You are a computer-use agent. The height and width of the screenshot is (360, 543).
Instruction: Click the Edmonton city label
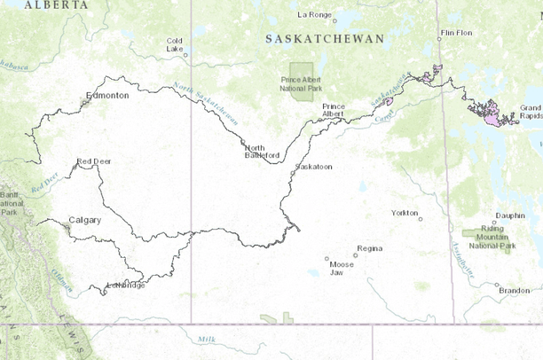107,95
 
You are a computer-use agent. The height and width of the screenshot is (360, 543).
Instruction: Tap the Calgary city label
84,220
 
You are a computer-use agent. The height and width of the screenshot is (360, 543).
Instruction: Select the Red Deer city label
93,161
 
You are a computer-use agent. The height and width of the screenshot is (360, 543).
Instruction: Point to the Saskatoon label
313,167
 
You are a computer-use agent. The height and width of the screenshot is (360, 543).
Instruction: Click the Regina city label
368,248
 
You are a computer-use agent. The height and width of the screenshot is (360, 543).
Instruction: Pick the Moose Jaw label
341,268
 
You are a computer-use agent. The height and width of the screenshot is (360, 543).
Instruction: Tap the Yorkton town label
404,213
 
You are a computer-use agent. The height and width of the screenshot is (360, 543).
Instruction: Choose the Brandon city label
514,290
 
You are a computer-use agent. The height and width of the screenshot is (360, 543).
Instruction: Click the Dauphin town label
509,215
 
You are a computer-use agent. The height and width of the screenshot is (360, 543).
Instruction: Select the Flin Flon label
456,33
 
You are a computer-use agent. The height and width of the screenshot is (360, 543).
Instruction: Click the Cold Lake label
175,44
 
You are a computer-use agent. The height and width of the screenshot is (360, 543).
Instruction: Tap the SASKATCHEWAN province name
325,39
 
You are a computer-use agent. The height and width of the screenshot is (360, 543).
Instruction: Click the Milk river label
207,340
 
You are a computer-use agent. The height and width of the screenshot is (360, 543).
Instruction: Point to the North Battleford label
262,152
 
